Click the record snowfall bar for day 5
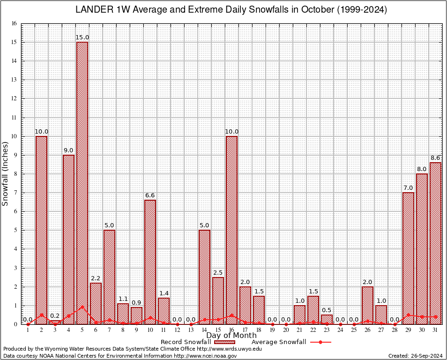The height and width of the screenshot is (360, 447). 82,183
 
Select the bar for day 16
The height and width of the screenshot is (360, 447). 231,230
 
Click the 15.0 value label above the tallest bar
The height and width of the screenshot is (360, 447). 82,37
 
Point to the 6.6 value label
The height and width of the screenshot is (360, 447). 150,195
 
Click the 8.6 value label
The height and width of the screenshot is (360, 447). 436,158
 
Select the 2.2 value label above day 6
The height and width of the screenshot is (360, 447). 96,278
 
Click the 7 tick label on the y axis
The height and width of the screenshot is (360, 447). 15,193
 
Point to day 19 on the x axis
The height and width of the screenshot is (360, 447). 272,330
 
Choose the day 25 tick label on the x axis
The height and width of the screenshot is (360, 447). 354,330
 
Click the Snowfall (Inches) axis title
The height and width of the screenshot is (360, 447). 5,173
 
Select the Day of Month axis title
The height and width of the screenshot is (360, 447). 231,335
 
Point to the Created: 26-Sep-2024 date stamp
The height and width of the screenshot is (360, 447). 415,356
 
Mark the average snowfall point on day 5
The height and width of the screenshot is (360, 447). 82,307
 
